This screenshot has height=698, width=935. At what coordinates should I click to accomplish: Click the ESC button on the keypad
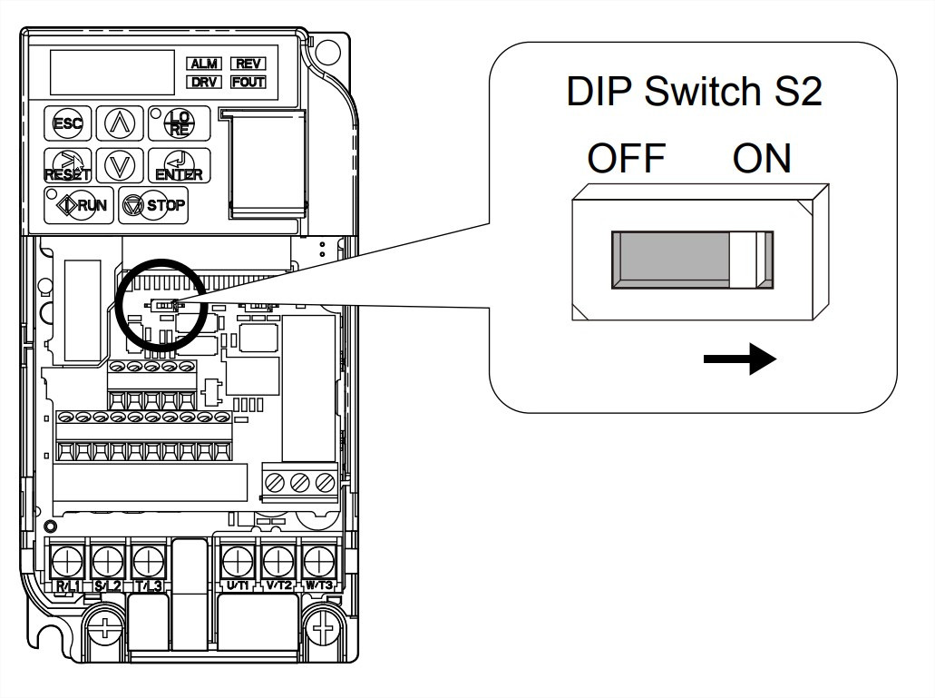point(67,123)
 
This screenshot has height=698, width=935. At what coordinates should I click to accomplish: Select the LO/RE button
point(178,123)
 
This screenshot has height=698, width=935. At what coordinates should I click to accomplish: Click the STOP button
point(153,205)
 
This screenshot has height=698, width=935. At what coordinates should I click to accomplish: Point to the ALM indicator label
point(203,64)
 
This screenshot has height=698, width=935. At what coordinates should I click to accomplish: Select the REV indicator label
point(248,64)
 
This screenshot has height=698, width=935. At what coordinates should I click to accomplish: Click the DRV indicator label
point(203,82)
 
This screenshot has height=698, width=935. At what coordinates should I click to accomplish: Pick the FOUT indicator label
point(248,82)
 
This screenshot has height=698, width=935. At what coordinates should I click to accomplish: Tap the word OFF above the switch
point(626,160)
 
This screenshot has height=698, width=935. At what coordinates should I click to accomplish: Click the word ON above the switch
point(762,160)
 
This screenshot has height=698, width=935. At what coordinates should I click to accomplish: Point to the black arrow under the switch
point(739,361)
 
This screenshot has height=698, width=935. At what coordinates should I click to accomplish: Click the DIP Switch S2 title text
point(694,93)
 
